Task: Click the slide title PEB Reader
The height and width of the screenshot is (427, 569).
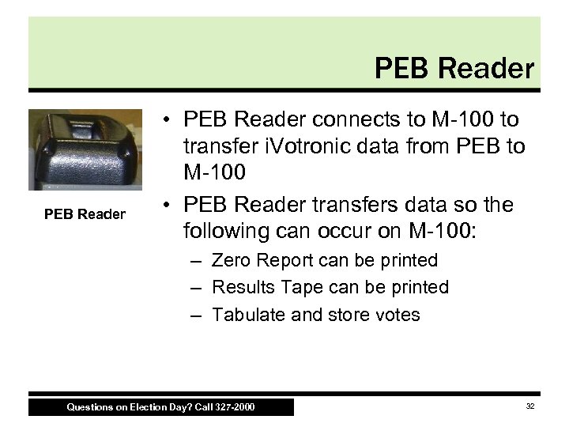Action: click(x=455, y=68)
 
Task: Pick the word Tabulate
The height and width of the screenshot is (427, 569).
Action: click(x=247, y=314)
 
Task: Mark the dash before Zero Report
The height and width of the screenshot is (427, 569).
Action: click(x=194, y=261)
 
